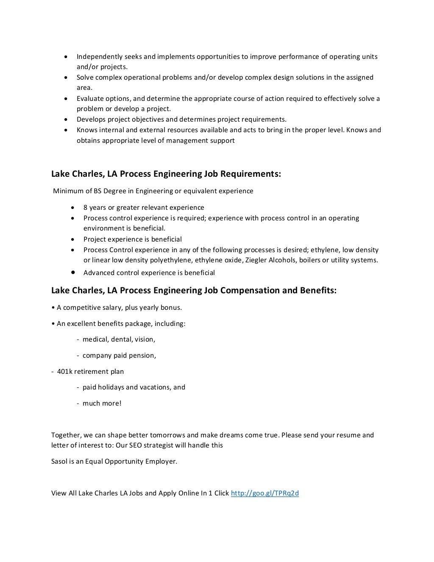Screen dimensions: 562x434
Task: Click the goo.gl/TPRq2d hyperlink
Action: (264, 493)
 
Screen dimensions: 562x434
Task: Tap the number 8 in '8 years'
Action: (85, 208)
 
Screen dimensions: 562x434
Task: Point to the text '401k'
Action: (64, 371)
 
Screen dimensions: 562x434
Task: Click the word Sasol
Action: (60, 461)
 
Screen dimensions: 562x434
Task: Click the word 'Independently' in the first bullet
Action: (97, 57)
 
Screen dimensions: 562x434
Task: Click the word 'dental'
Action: (121, 339)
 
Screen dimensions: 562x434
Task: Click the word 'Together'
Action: (66, 435)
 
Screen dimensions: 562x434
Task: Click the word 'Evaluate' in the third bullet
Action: (90, 99)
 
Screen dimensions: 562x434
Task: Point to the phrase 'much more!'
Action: (102, 403)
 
